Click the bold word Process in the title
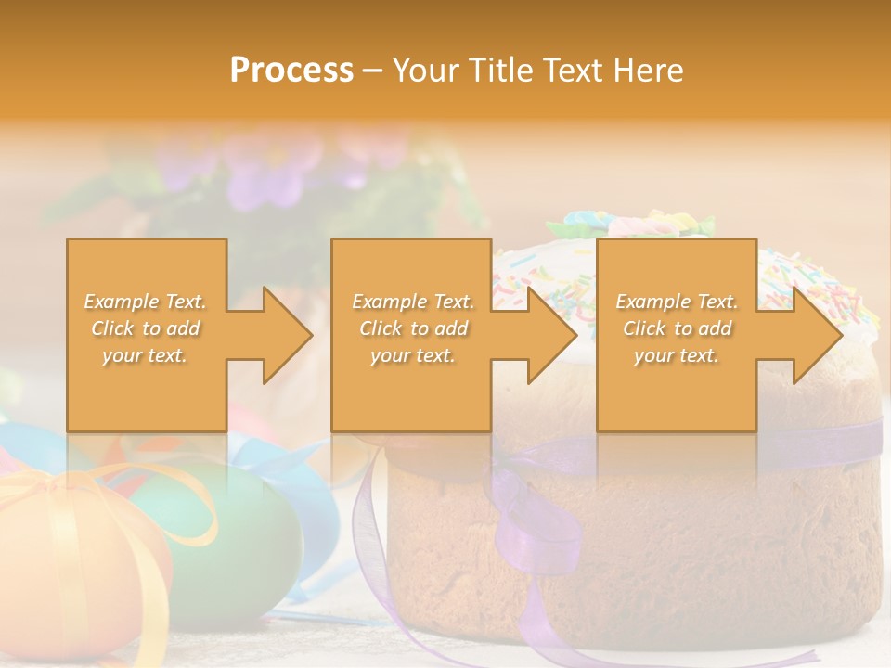pos(291,70)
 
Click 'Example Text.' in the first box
pos(145,302)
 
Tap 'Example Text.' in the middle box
pos(412,302)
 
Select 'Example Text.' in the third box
pos(677,302)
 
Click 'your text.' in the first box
pos(145,355)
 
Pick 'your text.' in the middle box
pos(412,355)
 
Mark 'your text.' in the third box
pos(677,355)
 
